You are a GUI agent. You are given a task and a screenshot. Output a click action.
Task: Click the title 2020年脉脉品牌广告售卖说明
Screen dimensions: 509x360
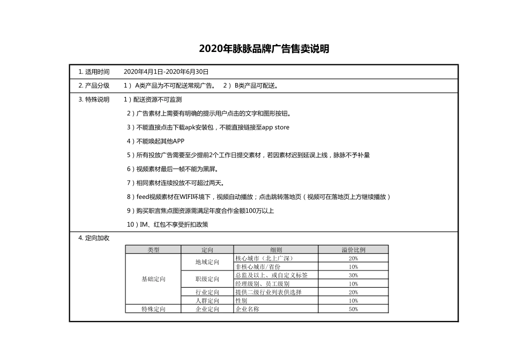(x=264, y=49)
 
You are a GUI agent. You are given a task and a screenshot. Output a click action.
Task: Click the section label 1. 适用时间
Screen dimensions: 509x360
(x=94, y=72)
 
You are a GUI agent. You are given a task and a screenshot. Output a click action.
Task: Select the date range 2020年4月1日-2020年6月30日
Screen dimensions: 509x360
(x=166, y=72)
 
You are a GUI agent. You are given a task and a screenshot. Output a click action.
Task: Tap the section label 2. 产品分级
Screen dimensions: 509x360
(x=94, y=86)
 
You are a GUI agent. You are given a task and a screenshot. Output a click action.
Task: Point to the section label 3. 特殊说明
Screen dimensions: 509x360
(x=94, y=100)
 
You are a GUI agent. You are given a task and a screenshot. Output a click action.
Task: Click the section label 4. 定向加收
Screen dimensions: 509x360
(x=94, y=238)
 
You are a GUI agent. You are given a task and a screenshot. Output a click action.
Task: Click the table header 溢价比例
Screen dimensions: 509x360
(x=353, y=250)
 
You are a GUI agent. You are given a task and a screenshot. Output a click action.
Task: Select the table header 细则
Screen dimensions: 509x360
(x=276, y=250)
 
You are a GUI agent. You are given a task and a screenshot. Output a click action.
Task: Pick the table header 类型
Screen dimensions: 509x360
(x=153, y=250)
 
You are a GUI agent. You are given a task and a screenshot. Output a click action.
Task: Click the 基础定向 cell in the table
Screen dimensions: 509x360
(x=153, y=279)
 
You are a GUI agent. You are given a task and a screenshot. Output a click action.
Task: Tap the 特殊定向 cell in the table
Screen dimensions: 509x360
(x=153, y=309)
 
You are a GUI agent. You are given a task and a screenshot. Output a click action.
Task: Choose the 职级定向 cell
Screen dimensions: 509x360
(x=207, y=279)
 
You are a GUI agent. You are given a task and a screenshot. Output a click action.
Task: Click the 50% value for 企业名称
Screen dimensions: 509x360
(x=353, y=309)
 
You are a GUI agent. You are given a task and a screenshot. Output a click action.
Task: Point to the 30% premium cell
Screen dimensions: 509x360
(x=353, y=275)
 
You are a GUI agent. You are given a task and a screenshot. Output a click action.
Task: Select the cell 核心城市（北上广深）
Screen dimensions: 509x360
(x=264, y=258)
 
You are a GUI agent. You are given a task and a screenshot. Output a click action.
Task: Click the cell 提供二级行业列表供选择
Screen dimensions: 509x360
(x=268, y=292)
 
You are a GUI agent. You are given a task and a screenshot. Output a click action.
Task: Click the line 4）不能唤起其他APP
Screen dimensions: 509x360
(x=155, y=141)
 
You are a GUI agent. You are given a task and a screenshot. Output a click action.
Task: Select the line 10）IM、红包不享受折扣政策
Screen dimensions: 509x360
(x=168, y=224)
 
